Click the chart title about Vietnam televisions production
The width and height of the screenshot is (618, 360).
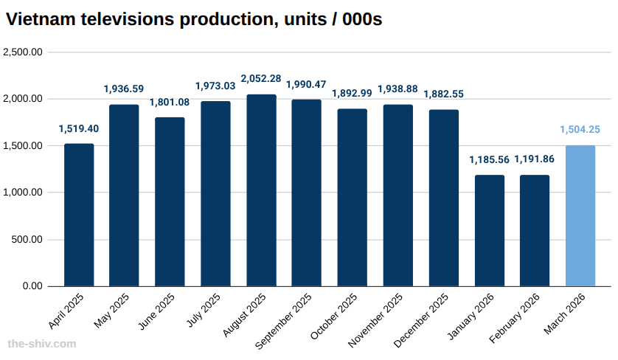[194, 20]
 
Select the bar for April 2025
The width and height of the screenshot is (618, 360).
[79, 215]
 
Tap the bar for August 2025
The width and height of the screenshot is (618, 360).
[261, 190]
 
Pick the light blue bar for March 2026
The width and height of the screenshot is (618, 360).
[580, 215]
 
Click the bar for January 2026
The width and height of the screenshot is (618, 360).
[489, 230]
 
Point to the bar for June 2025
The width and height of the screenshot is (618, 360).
[170, 201]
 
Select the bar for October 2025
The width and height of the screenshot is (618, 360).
[353, 198]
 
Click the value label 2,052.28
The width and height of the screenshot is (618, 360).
[261, 79]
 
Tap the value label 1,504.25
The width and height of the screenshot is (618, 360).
[580, 129]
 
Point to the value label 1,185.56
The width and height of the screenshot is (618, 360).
[489, 160]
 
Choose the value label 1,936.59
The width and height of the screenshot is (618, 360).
[124, 89]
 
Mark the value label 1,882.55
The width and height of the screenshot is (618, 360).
[443, 94]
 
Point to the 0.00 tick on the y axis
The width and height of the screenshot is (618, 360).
[32, 286]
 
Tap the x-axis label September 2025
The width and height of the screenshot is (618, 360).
[285, 321]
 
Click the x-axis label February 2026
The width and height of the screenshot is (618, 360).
[515, 318]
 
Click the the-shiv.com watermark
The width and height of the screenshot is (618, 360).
[41, 344]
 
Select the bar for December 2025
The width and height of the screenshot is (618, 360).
[443, 198]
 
